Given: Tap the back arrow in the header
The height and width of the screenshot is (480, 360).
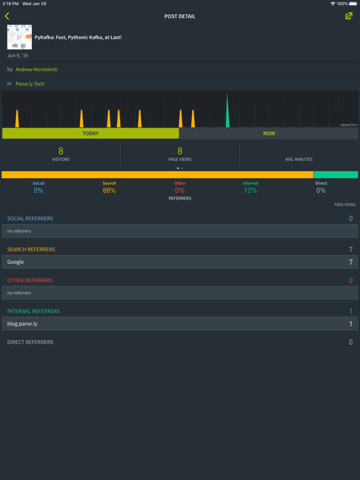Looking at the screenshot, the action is (7, 16).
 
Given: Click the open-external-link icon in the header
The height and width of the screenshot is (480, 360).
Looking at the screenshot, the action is (349, 16).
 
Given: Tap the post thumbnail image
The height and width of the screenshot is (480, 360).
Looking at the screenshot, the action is (19, 37).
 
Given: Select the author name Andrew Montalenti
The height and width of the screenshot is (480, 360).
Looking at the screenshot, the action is (36, 69).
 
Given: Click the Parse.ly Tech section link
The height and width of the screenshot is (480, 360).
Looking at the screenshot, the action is (30, 84).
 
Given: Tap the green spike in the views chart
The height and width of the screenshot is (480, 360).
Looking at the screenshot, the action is (227, 110).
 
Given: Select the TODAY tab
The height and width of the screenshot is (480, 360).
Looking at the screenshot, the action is (91, 134).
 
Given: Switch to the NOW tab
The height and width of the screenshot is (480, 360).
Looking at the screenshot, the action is (269, 134).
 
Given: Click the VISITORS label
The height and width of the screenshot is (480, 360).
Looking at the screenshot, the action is (61, 159).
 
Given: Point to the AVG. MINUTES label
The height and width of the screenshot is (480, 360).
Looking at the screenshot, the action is (299, 159).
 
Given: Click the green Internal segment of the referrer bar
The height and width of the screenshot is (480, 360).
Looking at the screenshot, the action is (336, 175).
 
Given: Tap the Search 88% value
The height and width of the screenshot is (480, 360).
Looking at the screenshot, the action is (109, 191).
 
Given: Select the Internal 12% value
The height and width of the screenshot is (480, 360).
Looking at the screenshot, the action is (251, 191).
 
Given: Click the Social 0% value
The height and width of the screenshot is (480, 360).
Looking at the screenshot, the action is (39, 191).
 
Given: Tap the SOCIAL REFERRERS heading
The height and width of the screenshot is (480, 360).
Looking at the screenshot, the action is (30, 219).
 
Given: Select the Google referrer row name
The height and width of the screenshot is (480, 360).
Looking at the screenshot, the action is (16, 262).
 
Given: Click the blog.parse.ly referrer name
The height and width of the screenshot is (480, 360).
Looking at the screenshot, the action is (22, 324).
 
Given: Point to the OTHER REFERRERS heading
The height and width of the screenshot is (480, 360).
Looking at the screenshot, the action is (30, 281).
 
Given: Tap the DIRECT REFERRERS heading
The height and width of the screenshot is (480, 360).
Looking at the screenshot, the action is (30, 342).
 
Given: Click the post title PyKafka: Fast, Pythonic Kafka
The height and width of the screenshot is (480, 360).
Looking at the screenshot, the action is (78, 37).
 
